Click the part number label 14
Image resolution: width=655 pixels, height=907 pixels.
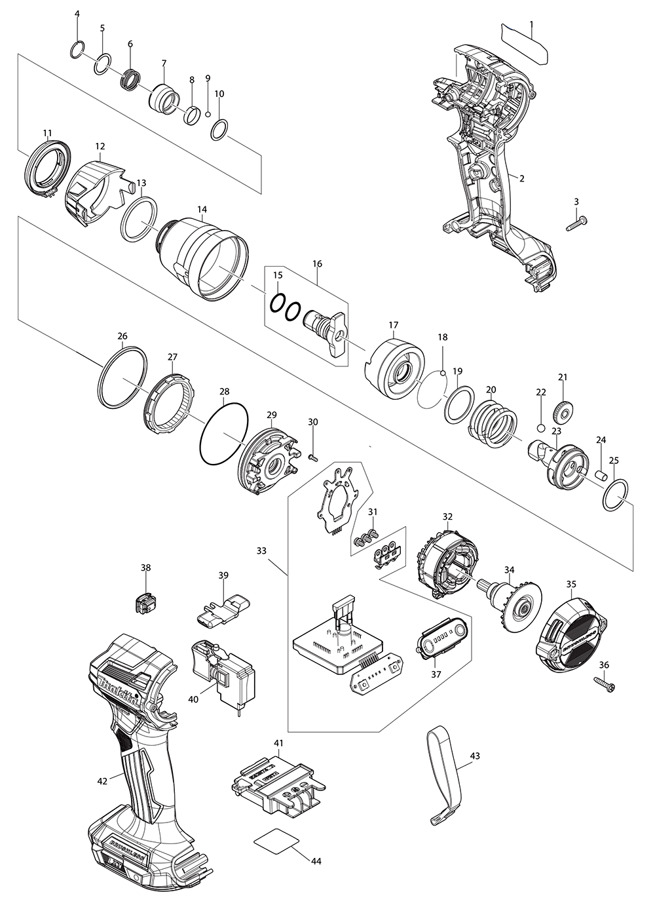202,210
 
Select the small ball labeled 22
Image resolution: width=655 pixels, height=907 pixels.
541,428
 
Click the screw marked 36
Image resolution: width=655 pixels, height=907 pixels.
606,685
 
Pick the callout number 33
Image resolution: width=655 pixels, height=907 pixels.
261,551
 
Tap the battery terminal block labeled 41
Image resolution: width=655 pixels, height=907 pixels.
277,779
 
